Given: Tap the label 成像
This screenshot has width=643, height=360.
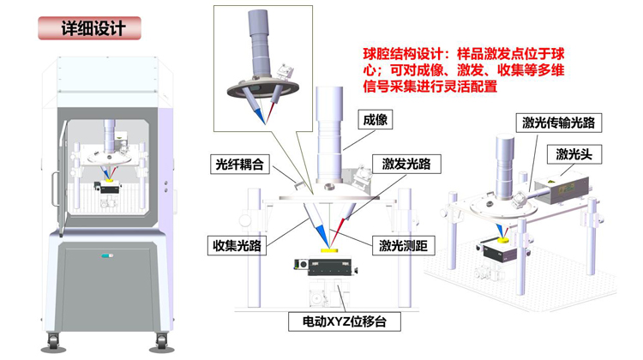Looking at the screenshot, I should (370, 121).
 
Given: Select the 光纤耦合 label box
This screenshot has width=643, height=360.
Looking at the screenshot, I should (240, 163).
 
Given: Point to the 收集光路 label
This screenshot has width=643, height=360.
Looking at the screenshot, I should (241, 245).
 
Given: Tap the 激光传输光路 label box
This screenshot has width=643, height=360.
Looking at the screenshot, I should (558, 123).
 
